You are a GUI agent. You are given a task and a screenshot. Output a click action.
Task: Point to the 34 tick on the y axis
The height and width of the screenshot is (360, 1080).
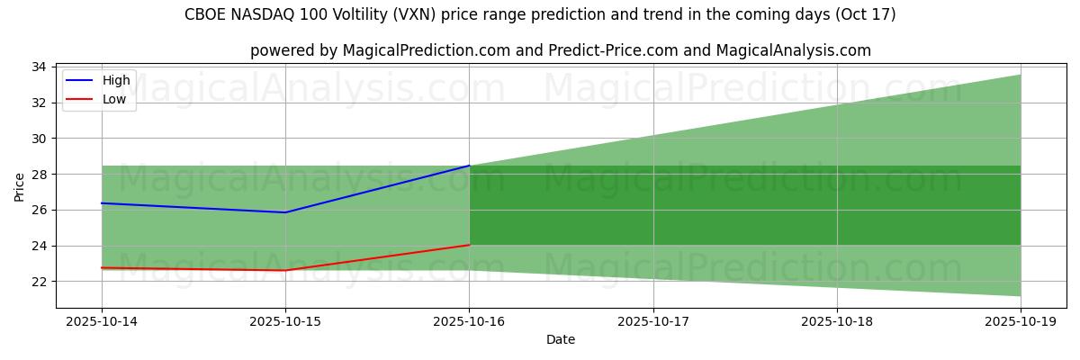tap(40, 67)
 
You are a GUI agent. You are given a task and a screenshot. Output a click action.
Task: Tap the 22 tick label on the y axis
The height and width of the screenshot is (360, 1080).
tap(40, 282)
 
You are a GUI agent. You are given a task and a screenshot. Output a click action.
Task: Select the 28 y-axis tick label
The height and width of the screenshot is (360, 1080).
tap(40, 174)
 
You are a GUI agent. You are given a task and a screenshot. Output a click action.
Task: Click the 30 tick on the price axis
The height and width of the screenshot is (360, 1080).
tap(40, 139)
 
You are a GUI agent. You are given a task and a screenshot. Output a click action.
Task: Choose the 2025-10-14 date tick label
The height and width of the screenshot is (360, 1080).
tap(102, 321)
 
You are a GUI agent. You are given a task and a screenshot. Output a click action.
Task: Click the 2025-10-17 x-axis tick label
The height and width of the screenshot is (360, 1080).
tap(653, 321)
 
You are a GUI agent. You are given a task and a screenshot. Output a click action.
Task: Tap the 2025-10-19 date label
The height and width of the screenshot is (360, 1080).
tap(1021, 321)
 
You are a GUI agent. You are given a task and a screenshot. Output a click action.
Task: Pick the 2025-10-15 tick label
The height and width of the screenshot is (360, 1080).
tap(285, 321)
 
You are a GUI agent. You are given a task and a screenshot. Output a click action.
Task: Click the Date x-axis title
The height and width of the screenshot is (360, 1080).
tap(561, 340)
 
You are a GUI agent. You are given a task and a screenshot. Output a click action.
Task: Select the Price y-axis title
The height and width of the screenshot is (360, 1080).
tap(20, 186)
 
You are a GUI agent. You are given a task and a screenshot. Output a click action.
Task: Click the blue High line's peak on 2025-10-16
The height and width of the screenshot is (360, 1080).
tap(469, 166)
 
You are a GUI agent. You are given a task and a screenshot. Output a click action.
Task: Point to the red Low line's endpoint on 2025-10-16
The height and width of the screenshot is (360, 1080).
tap(469, 245)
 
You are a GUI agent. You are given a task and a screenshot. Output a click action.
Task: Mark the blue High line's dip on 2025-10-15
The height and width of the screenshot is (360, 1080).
tap(285, 212)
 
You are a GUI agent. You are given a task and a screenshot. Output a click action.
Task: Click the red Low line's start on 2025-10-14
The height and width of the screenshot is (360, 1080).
tap(102, 267)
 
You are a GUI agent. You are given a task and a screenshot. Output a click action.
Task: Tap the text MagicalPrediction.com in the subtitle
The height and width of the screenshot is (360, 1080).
tap(416, 50)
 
